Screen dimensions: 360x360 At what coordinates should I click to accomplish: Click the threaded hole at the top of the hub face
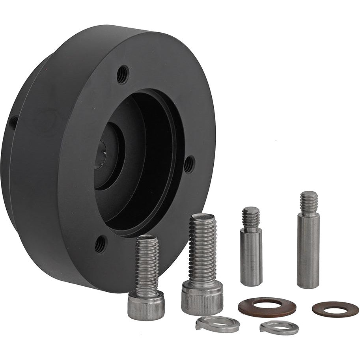[x=123, y=74]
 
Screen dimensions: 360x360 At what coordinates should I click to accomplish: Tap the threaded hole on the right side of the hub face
[x=189, y=164]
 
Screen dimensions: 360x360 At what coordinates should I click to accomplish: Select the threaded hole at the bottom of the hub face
[x=100, y=244]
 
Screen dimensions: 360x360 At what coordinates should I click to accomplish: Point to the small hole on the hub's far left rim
[x=13, y=123]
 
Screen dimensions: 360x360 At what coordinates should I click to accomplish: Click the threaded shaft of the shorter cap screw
[x=147, y=264]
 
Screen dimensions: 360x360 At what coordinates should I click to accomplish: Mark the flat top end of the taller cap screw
[x=203, y=217]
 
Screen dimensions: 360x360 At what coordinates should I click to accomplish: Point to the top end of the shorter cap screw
[x=147, y=237]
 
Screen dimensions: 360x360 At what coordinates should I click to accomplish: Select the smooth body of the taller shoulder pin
[x=308, y=252]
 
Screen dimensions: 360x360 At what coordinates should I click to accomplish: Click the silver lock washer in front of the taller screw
[x=217, y=325]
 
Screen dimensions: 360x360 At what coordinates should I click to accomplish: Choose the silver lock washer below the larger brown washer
[x=279, y=328]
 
